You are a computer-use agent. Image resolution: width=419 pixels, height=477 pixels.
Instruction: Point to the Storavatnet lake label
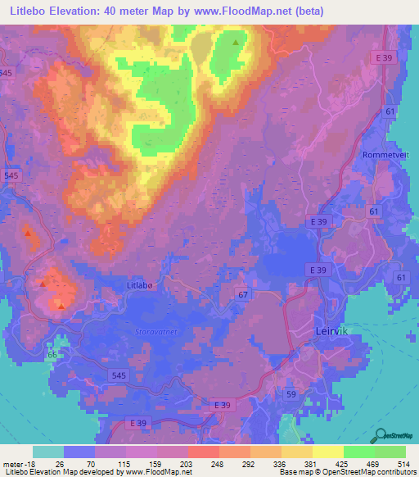(x=155, y=331)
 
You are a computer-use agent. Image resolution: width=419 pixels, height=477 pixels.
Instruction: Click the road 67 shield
(x=243, y=293)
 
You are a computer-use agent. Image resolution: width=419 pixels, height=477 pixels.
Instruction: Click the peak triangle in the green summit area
(x=236, y=42)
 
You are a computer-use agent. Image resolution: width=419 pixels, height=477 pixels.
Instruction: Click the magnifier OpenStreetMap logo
(x=381, y=434)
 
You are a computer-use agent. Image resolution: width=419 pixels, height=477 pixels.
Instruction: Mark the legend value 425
(x=343, y=464)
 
